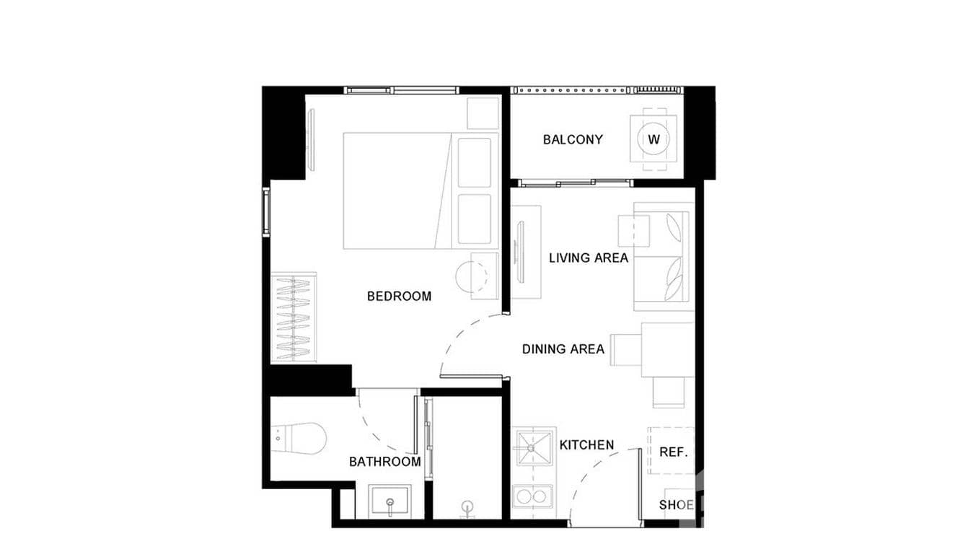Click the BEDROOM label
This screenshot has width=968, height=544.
click(399, 296)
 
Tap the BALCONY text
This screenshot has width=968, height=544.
click(573, 140)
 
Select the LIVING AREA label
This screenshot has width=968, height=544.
click(589, 258)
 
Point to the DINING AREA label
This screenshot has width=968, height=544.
click(563, 349)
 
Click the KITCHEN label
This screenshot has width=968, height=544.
click(586, 445)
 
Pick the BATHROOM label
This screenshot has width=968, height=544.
click(384, 462)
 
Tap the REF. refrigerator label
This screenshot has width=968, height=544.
click(673, 452)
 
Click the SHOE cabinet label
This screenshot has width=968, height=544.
click(676, 505)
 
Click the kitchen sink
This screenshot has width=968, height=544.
click(532, 447)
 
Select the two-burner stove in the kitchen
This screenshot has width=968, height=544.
click(532, 496)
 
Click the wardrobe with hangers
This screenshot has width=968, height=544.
click(294, 317)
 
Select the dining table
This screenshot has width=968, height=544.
click(667, 349)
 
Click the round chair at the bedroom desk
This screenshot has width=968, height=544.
click(470, 276)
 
